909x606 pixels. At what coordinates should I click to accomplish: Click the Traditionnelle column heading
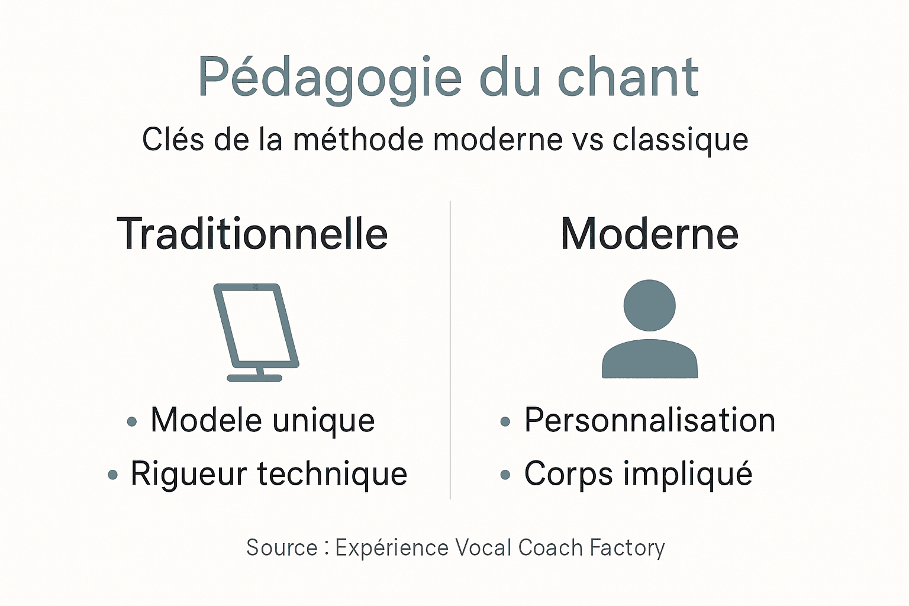coord(253,234)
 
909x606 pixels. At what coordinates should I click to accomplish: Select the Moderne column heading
coord(649,234)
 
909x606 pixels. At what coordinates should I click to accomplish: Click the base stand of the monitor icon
coord(254,377)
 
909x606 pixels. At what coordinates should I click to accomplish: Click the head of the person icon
coord(649,305)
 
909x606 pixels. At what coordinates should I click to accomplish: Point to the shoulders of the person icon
coord(649,359)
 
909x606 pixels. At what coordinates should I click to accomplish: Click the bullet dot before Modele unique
coord(132,422)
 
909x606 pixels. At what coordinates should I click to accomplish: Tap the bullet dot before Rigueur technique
coord(113,475)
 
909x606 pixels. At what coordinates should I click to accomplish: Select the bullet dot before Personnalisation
coord(505,422)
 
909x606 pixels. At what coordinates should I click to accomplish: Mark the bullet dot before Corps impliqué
coord(505,475)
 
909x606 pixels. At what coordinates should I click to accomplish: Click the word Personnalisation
coord(650,421)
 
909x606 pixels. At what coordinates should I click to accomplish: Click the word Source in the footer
coord(282,548)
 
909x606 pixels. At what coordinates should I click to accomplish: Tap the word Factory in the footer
coord(627,548)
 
